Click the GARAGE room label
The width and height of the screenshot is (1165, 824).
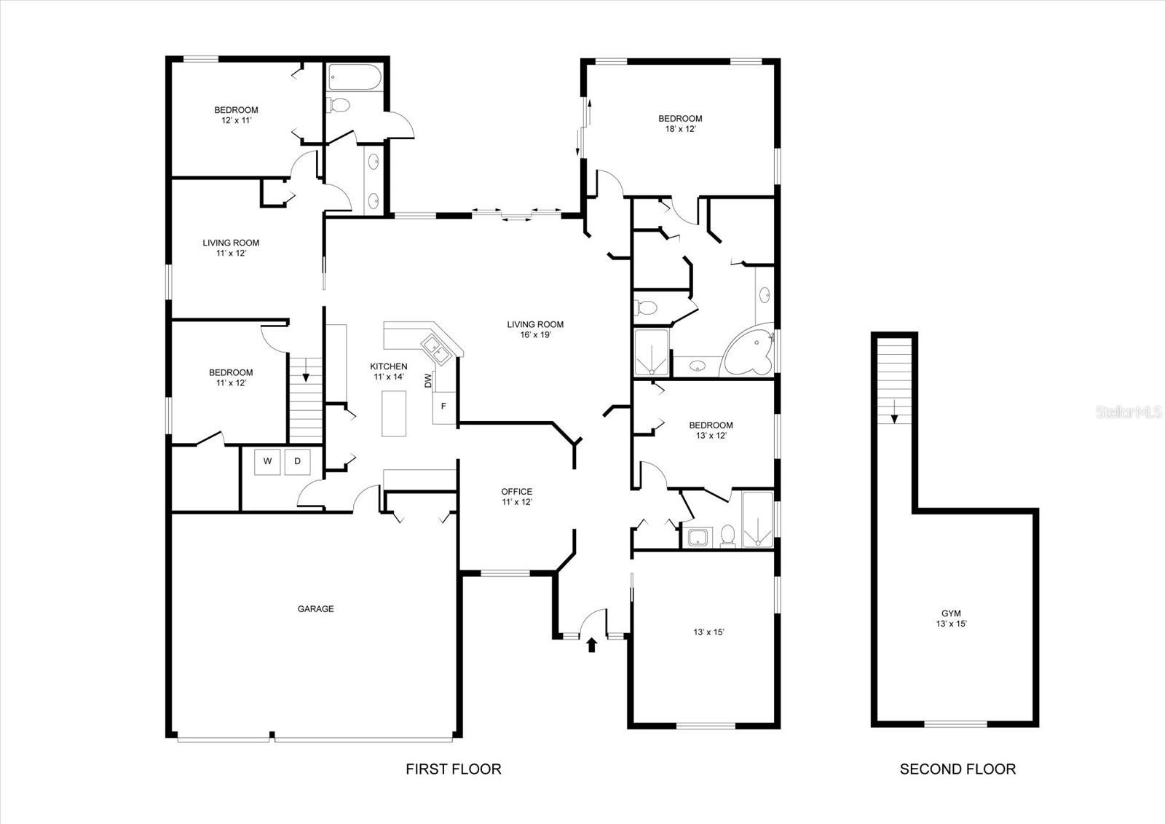click(x=315, y=608)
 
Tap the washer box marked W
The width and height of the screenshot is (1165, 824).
click(x=267, y=461)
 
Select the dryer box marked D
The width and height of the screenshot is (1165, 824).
click(x=297, y=461)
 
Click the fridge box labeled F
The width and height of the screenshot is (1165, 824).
click(x=443, y=406)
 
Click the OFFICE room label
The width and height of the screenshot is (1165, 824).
click(x=516, y=492)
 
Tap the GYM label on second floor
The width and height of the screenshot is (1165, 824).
click(x=951, y=613)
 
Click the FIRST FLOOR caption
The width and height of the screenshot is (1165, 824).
click(x=453, y=769)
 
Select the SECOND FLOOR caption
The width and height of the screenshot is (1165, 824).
click(x=957, y=769)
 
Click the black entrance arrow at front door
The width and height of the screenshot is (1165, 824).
click(x=591, y=645)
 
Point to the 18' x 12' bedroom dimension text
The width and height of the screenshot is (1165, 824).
click(x=680, y=129)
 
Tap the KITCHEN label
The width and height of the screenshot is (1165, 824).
click(x=389, y=366)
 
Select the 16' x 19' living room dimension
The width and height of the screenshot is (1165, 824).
click(x=535, y=335)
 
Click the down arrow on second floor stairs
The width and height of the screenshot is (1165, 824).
click(x=894, y=413)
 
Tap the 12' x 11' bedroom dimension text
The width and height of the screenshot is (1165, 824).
click(x=236, y=120)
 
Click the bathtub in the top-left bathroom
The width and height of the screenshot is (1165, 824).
click(x=352, y=77)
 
